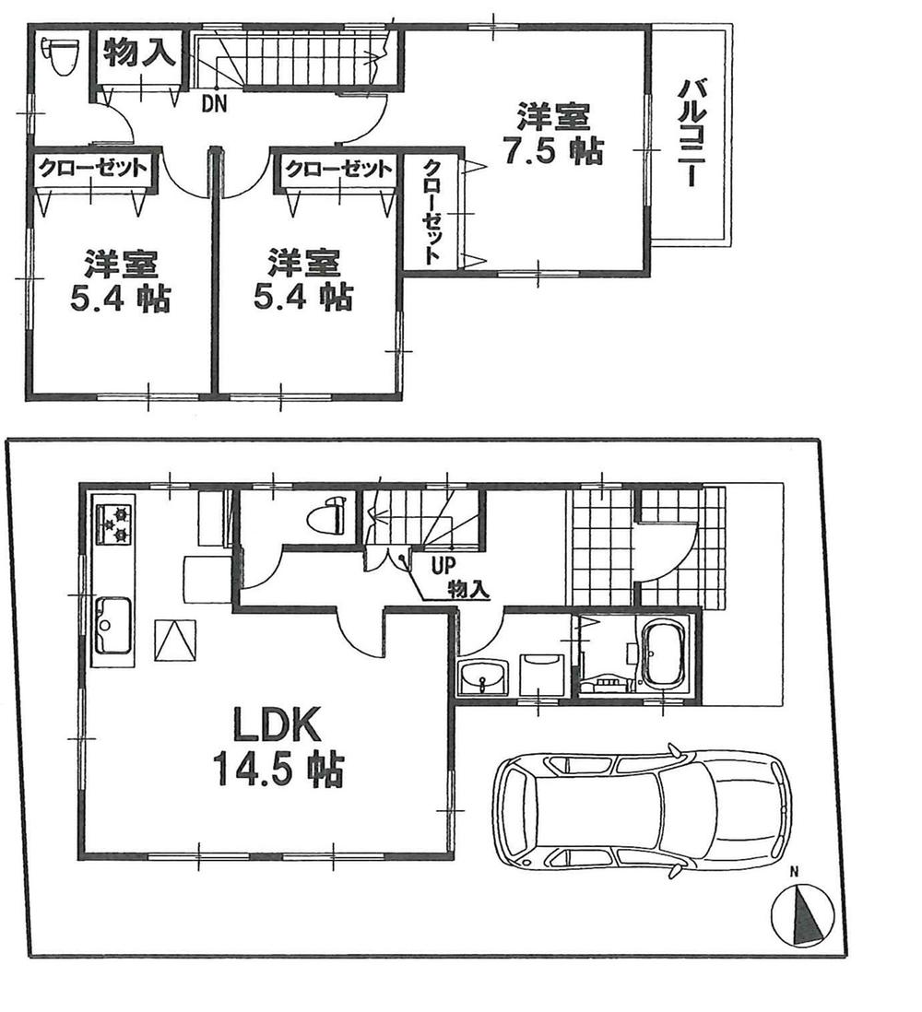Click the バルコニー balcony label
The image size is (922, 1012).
(x=691, y=135)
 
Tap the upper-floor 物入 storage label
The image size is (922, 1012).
(x=138, y=53)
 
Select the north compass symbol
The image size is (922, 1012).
(x=803, y=914)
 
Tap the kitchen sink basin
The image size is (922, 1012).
(x=112, y=624)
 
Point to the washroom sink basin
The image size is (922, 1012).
(x=483, y=677)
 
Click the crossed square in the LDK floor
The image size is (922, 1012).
(x=176, y=640)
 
